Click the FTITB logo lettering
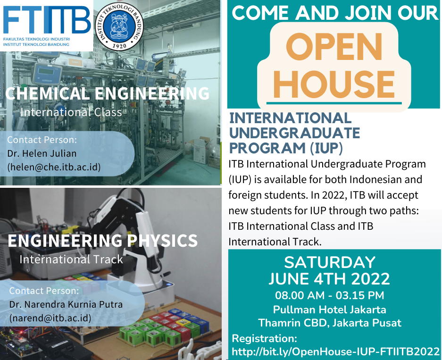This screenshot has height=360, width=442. (47, 20)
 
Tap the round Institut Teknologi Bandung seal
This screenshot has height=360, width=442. (119, 26)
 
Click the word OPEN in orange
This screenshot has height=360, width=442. (334, 47)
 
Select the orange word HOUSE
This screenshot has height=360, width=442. (334, 84)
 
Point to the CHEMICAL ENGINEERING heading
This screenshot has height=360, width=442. (108, 93)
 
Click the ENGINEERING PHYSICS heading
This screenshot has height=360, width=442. (103, 241)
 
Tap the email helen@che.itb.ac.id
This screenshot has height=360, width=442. (54, 167)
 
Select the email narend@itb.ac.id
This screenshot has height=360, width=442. (50, 318)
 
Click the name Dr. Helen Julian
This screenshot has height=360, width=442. (42, 154)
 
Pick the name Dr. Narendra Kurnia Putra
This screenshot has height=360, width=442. (66, 304)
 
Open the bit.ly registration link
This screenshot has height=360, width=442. (335, 352)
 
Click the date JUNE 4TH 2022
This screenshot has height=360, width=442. (329, 279)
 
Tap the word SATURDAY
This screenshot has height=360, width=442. (330, 262)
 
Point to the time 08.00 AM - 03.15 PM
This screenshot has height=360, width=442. (330, 295)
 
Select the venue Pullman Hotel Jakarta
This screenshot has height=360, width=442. (330, 310)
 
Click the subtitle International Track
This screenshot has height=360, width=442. (71, 260)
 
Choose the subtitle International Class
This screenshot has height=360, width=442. (71, 112)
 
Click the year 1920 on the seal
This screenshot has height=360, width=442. (119, 46)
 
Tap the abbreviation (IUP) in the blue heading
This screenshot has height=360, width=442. (326, 148)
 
